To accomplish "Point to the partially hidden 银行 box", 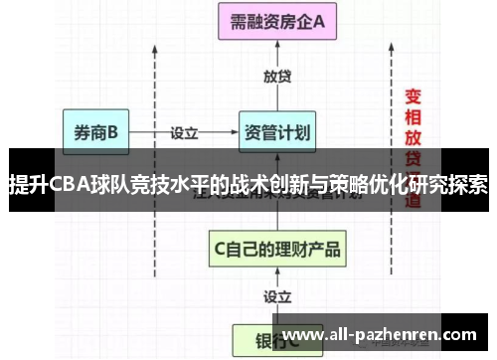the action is tap(263, 341).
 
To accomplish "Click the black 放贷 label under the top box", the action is tap(277, 77).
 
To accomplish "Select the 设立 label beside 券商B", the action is tap(185, 131).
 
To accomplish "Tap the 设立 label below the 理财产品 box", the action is tap(277, 296).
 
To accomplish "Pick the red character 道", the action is tap(412, 201).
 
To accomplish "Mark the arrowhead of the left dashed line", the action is tap(154, 50).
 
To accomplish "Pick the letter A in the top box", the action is tap(320, 23).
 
